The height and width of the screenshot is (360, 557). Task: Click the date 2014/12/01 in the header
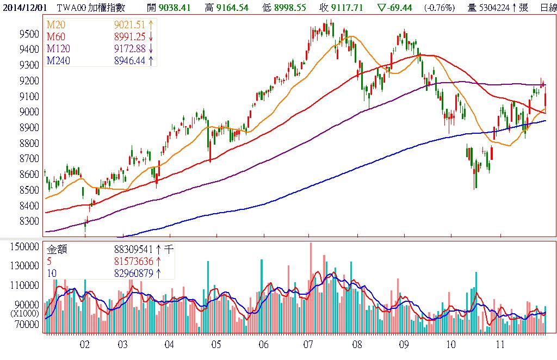(25, 8)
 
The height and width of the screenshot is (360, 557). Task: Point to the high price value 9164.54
(240, 8)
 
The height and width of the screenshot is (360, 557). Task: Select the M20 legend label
(57, 25)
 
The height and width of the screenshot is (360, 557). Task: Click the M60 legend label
(57, 37)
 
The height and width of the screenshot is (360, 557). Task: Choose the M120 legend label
(59, 49)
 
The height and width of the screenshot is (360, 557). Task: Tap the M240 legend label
(59, 61)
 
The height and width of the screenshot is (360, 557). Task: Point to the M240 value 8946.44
(131, 61)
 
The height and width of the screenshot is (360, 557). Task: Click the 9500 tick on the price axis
(28, 34)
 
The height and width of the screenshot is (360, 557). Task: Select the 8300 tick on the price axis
(28, 221)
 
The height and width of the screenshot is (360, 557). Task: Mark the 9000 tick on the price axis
(28, 112)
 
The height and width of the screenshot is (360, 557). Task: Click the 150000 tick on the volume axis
(24, 246)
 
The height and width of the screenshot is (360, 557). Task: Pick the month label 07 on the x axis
(308, 345)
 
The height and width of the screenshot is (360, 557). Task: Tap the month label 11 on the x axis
(500, 345)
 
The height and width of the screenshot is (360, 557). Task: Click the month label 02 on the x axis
(84, 345)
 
